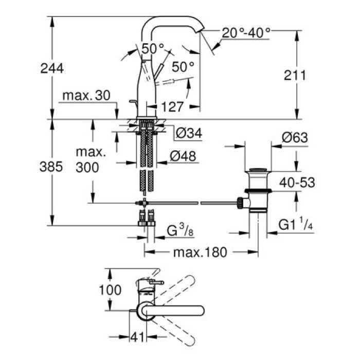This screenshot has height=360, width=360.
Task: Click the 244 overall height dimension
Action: coord(52,68)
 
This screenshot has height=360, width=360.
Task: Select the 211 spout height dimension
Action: coord(294,76)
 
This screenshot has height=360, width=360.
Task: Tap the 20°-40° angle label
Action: coord(246,33)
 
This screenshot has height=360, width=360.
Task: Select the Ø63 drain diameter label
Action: coord(295,138)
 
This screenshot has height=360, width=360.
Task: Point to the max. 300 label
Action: coord(91,160)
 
